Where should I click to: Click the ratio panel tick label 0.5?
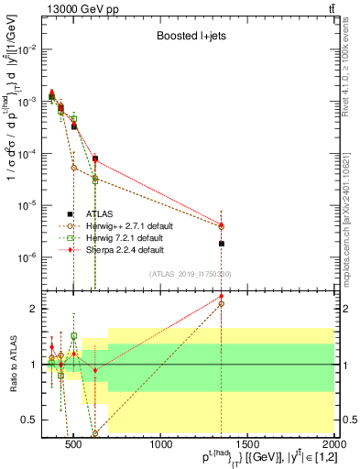pyautogui.click(x=30, y=420)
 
